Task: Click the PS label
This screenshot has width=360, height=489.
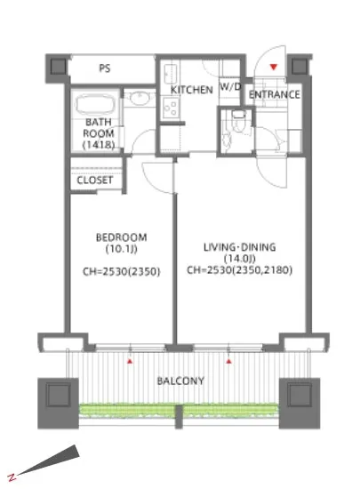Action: (105, 68)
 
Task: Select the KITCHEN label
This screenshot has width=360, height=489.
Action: (192, 90)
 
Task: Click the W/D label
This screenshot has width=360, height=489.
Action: (230, 87)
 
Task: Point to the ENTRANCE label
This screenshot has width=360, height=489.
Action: (275, 94)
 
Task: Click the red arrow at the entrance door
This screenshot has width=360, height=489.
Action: (274, 67)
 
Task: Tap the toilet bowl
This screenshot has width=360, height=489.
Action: (239, 123)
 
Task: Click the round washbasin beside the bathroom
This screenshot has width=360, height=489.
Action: (140, 98)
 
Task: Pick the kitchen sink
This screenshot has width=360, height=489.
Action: (171, 74)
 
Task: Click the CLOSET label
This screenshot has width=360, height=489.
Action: (94, 180)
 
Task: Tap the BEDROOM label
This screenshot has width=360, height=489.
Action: (121, 237)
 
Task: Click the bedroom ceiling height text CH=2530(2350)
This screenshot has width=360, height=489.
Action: (121, 272)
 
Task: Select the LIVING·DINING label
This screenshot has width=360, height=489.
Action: (239, 247)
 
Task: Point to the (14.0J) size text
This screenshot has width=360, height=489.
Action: (239, 259)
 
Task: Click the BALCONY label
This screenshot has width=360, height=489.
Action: (180, 381)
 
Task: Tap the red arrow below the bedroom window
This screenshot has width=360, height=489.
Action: (130, 362)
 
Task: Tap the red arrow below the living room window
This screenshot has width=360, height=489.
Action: (229, 362)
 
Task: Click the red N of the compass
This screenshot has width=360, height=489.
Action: (12, 477)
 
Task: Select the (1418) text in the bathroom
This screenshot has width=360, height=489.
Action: (99, 145)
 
